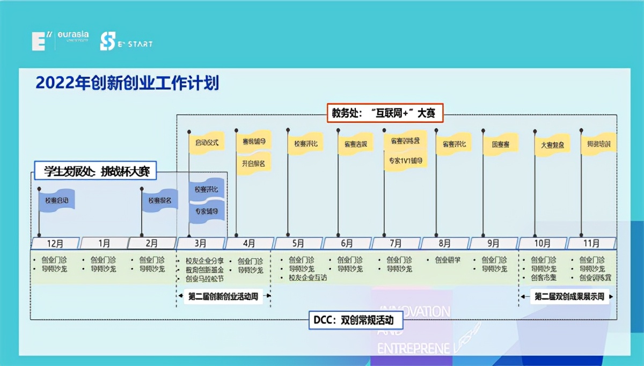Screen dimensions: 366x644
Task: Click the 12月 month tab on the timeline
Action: (55, 243)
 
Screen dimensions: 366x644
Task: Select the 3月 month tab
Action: (200, 243)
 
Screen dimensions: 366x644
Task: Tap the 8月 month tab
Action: (444, 243)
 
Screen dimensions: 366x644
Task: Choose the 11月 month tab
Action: (591, 243)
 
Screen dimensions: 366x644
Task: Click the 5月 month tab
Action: (298, 243)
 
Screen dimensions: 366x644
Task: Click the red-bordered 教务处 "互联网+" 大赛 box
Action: (384, 113)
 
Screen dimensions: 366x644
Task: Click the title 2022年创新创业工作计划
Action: (127, 84)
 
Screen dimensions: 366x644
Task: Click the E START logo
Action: (127, 42)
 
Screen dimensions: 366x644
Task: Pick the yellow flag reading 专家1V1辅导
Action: (406, 160)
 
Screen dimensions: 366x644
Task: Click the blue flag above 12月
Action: (56, 200)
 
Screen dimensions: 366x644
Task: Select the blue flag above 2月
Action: (159, 200)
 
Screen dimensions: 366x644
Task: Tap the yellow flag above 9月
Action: (501, 144)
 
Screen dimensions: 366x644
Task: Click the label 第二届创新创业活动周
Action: (223, 296)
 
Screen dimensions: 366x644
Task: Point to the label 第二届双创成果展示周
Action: (568, 296)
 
